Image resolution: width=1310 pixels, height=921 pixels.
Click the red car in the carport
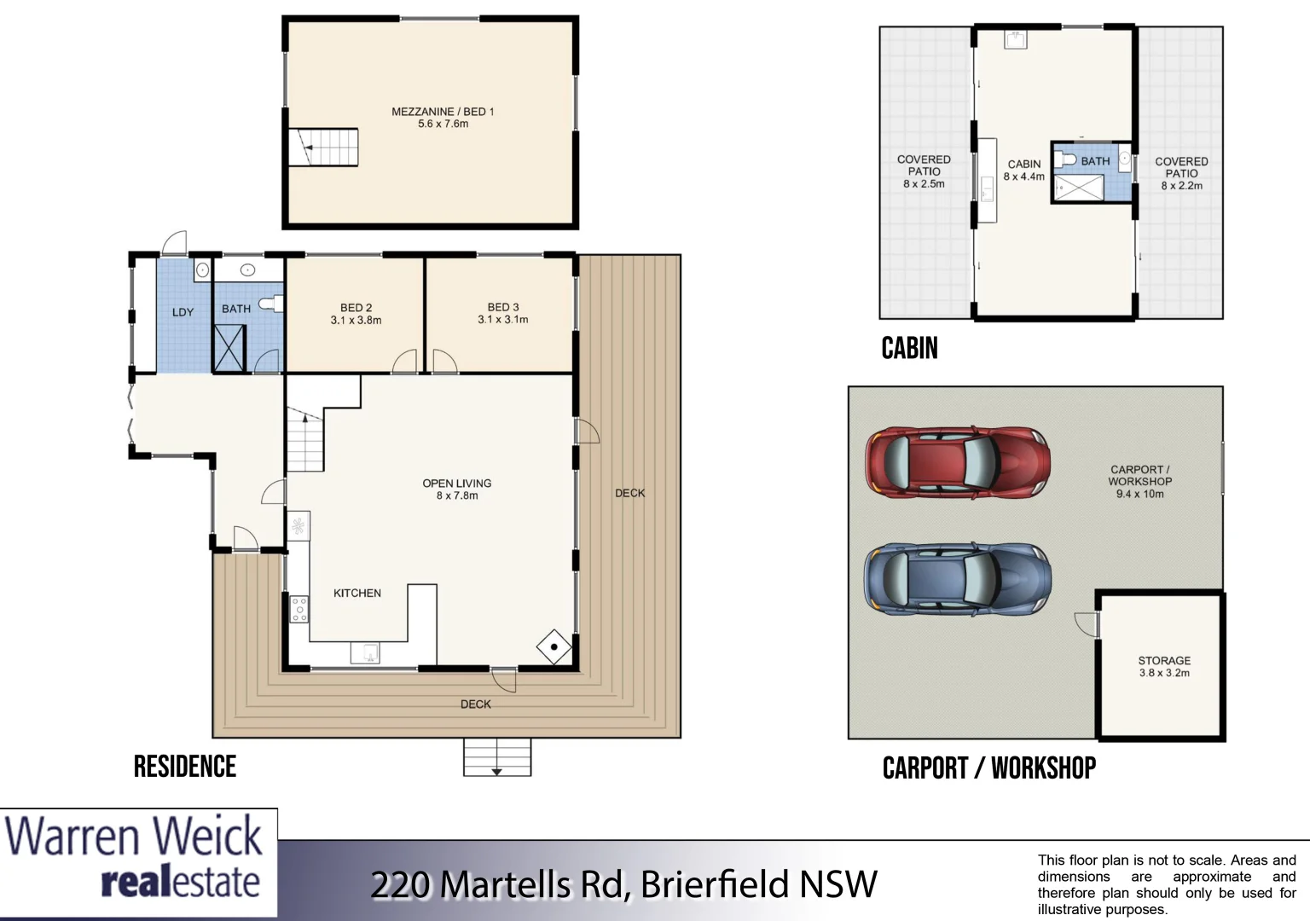click(x=957, y=461)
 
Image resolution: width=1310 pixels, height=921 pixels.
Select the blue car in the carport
click(x=957, y=578)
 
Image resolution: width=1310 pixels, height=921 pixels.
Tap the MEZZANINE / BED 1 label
click(x=443, y=118)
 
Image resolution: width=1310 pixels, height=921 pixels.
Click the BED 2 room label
click(x=356, y=314)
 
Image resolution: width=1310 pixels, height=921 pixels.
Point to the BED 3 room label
click(x=502, y=313)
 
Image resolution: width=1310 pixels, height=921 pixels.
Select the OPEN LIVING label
click(x=457, y=489)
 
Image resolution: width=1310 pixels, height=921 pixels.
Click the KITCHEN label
click(x=356, y=593)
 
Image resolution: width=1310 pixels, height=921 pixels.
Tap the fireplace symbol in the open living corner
click(x=554, y=647)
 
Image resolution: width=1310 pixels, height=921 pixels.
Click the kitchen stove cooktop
click(x=299, y=609)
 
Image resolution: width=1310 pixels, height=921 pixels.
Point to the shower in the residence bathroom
click(x=229, y=348)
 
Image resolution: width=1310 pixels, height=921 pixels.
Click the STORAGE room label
click(x=1164, y=666)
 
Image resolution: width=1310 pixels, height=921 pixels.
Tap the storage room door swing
click(x=1086, y=623)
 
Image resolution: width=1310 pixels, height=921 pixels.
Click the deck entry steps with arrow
click(x=496, y=757)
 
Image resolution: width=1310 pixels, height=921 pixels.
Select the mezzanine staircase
click(x=322, y=148)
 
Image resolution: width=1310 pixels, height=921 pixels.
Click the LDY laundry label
click(x=183, y=312)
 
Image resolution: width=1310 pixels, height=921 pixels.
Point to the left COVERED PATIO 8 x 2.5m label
click(x=924, y=171)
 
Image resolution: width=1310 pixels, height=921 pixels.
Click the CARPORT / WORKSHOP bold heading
click(x=988, y=768)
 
